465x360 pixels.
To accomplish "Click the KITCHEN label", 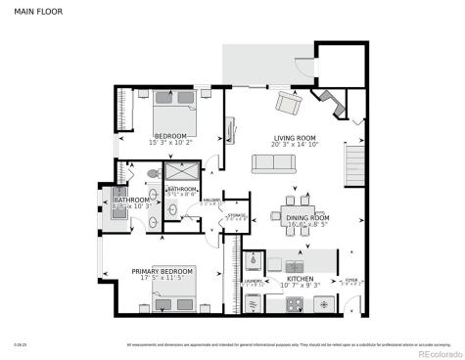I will (x=300, y=278).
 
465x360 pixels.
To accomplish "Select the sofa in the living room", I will (x=274, y=163).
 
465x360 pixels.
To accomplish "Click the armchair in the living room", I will (x=289, y=102).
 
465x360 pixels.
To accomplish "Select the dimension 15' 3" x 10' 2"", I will (x=172, y=144).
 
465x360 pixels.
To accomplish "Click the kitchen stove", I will (x=277, y=302).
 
